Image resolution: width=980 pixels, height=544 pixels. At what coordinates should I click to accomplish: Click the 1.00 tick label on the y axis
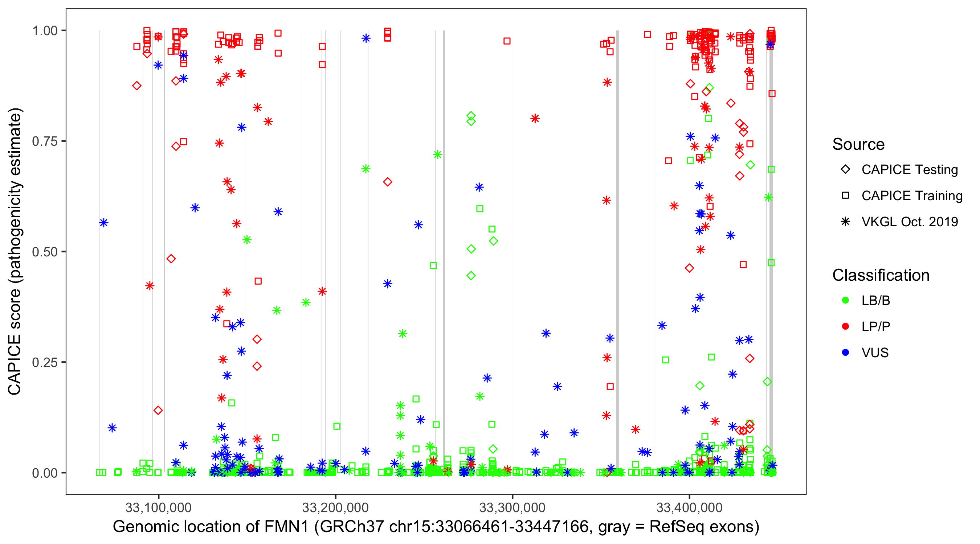click(45, 31)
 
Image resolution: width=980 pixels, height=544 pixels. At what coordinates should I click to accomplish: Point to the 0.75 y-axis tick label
click(45, 141)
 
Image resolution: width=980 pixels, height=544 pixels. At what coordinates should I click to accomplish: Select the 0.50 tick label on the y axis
click(45, 252)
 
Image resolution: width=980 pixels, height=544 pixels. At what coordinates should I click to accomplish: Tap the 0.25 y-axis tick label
click(45, 362)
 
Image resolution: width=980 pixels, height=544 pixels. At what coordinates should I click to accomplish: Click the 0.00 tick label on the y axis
click(45, 473)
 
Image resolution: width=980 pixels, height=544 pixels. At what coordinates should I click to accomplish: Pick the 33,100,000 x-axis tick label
click(158, 507)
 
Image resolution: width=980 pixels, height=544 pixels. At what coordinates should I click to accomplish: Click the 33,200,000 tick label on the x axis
click(335, 507)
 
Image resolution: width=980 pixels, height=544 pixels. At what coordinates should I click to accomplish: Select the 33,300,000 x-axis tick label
click(512, 507)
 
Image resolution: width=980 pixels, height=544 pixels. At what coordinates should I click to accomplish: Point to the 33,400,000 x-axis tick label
click(689, 507)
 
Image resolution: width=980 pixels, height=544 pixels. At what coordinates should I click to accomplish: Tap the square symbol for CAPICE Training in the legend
click(845, 196)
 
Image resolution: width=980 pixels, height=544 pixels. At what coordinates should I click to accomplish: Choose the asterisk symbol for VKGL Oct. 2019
click(845, 222)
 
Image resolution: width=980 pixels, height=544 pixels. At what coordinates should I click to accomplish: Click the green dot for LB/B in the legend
click(845, 301)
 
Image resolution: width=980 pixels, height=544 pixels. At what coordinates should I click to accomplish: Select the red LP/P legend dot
click(845, 326)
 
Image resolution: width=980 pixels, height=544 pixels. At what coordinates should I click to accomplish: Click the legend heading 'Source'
click(858, 144)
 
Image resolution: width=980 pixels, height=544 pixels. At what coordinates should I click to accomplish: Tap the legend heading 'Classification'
click(881, 275)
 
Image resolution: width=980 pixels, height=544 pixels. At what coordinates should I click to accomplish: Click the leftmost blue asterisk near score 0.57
click(103, 223)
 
